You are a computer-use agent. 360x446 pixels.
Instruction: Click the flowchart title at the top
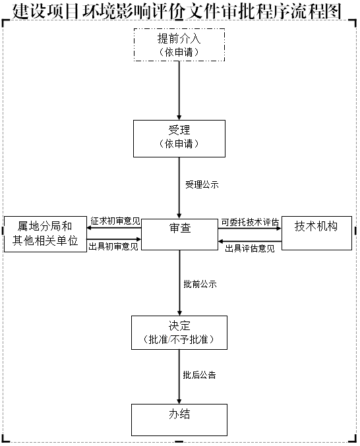coord(177,11)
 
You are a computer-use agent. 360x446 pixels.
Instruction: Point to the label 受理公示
coord(202,184)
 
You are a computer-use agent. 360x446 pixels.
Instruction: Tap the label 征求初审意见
coord(115,221)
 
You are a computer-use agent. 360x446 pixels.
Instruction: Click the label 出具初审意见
coord(113,246)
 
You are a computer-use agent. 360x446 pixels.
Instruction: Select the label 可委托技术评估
coord(250,222)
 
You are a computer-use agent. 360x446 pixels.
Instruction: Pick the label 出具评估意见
coord(250,248)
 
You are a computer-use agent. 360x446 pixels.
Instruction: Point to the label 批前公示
coord(200,284)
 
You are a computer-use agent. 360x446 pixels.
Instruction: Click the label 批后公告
coord(199,375)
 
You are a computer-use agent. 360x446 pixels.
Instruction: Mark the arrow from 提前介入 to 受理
coord(179,90)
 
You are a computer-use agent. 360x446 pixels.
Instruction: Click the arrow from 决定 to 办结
coord(179,377)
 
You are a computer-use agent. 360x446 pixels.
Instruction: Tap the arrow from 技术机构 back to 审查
coord(250,242)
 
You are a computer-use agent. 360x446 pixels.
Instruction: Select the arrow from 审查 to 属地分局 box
coord(114,228)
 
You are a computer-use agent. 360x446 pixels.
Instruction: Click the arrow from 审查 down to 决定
coord(179,283)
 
